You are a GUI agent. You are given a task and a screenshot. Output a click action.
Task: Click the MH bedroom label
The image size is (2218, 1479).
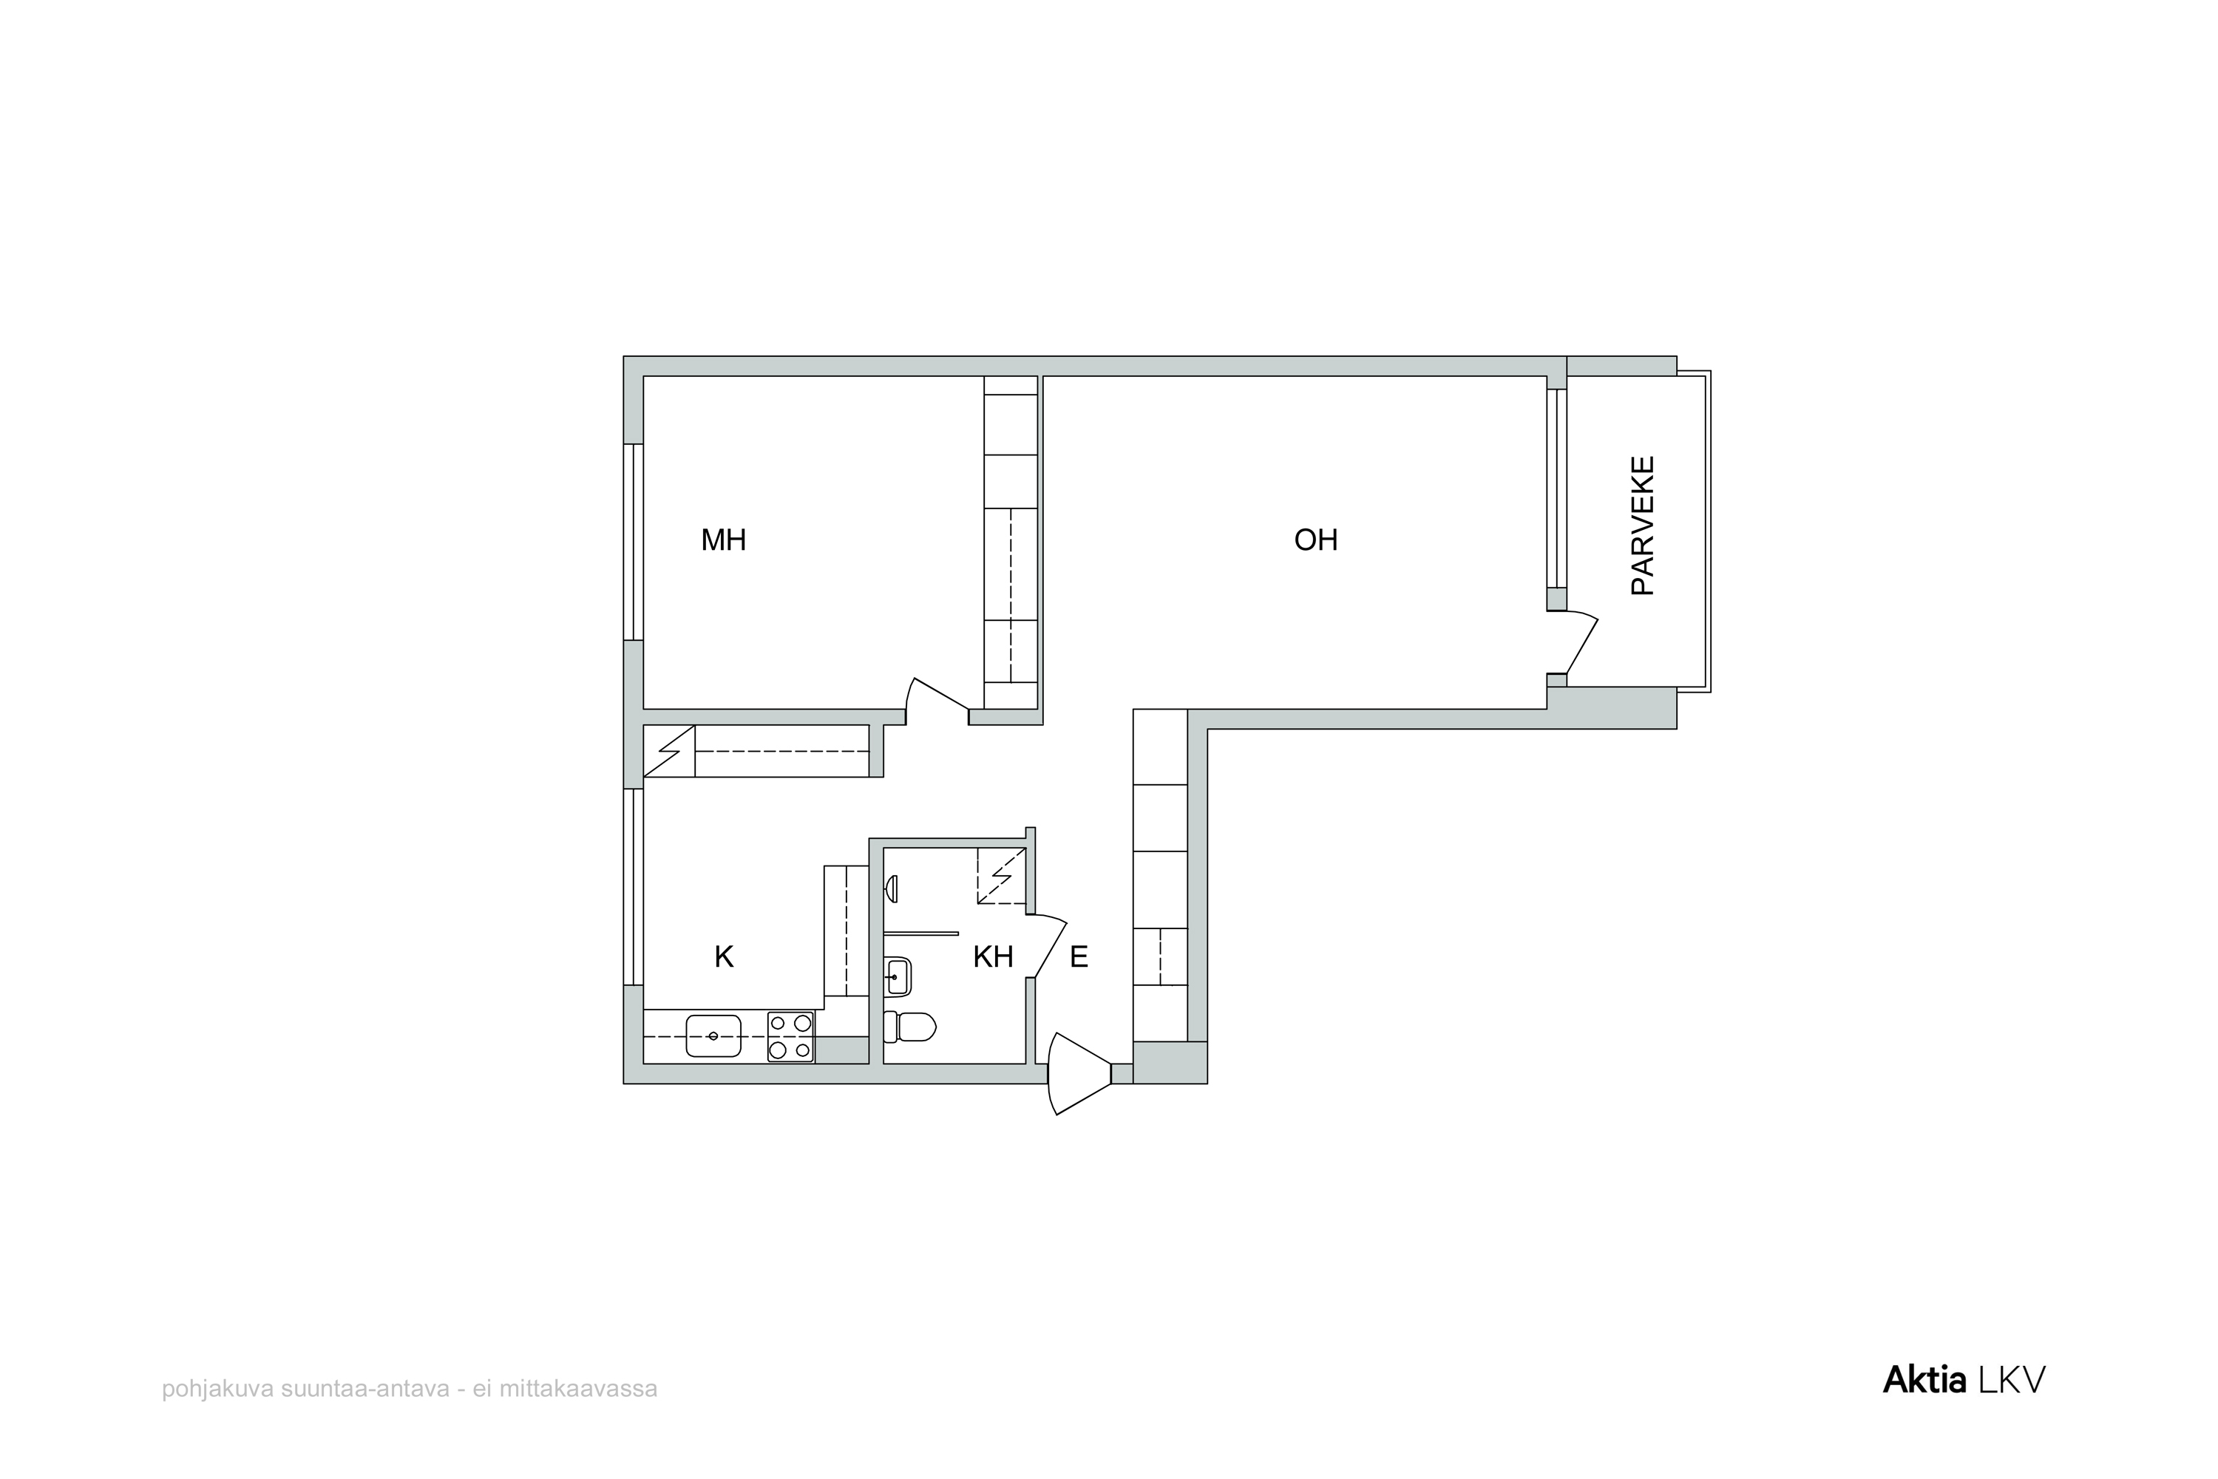tap(724, 540)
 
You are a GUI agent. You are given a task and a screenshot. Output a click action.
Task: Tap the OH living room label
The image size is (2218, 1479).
tap(1316, 540)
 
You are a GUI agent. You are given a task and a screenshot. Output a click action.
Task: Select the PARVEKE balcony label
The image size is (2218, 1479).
tap(1643, 526)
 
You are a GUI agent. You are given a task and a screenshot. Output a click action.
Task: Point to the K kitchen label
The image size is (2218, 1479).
tap(724, 957)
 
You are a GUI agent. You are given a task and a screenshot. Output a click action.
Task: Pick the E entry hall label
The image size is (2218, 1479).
tap(1079, 957)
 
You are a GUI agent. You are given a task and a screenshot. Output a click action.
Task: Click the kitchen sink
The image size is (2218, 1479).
tap(713, 1036)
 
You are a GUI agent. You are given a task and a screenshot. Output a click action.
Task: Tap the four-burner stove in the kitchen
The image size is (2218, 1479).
tap(790, 1036)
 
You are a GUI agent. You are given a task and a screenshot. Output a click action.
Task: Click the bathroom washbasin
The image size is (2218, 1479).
tap(898, 977)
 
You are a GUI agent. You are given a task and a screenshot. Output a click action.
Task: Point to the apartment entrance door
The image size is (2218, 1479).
tap(1079, 1073)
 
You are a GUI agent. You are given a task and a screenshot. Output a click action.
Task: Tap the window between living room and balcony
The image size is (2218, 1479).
tap(1556, 488)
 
